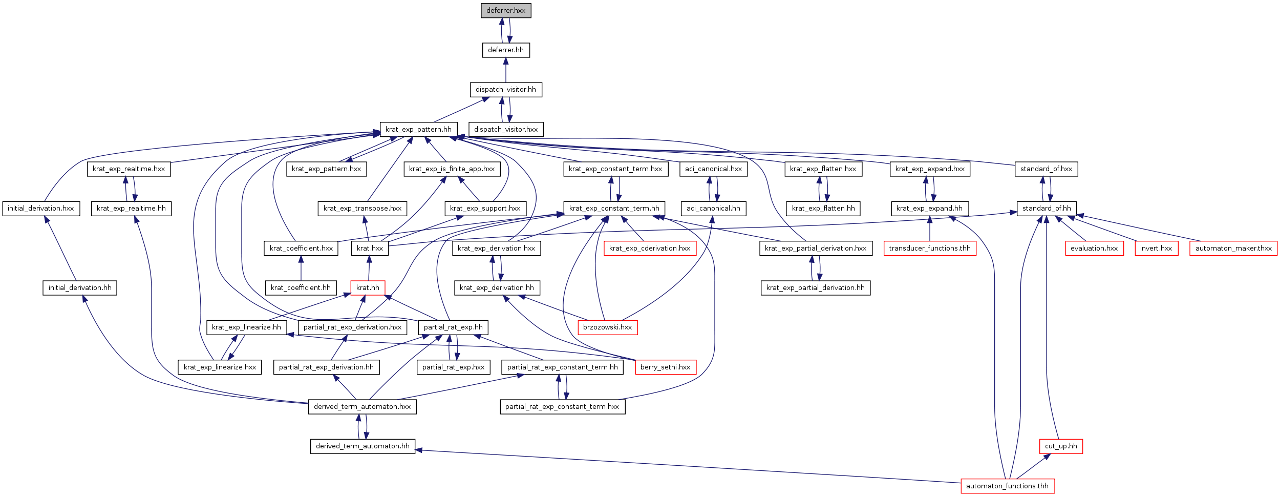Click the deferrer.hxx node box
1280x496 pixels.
point(506,10)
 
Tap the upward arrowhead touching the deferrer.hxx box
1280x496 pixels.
point(502,23)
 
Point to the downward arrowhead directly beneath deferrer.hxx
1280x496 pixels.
point(509,39)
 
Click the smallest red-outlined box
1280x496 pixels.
point(368,288)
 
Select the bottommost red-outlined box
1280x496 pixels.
point(1008,486)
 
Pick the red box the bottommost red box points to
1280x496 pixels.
point(1061,446)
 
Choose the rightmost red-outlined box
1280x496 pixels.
point(1233,249)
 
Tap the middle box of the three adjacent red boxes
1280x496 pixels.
point(1156,249)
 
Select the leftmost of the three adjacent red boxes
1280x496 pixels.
point(1094,249)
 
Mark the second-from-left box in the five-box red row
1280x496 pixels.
point(930,249)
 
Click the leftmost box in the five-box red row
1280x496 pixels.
point(650,249)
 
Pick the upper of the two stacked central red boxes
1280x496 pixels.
point(607,327)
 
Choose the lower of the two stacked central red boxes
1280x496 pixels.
point(666,367)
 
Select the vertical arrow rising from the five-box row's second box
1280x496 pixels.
point(930,229)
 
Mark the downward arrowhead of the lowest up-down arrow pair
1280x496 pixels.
point(366,436)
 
